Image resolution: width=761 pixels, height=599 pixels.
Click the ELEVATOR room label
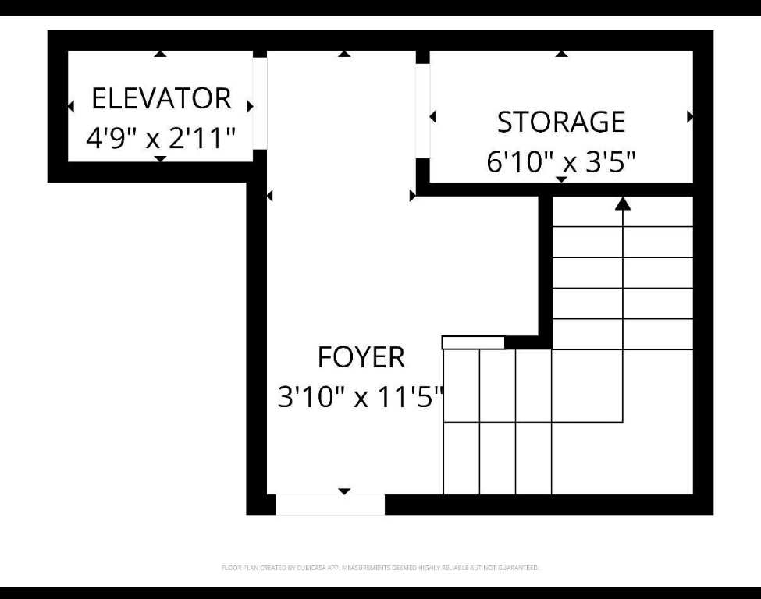[x=162, y=99]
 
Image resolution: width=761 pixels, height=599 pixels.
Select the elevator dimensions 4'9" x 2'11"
[x=161, y=140]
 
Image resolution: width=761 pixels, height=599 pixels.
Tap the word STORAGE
[x=561, y=122]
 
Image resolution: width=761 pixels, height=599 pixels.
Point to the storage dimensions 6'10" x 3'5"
[x=561, y=163]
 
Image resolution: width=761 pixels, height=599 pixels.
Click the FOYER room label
[x=361, y=357]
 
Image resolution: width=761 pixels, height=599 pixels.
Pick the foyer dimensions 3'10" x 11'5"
[x=361, y=398]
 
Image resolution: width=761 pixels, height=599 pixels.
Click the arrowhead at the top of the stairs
[x=622, y=204]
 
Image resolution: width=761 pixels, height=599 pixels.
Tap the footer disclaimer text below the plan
[x=380, y=568]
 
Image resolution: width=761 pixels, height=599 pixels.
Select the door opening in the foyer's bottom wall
[x=330, y=505]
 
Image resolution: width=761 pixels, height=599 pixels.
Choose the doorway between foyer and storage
[x=422, y=110]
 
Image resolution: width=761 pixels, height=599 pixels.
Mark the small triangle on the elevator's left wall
[x=71, y=106]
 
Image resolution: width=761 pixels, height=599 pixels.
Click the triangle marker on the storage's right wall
[x=690, y=117]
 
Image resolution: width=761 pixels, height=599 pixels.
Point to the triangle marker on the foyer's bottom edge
[x=344, y=491]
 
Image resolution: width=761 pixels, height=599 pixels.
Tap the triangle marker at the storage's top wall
[x=561, y=54]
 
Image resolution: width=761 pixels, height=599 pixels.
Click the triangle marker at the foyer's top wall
[x=344, y=54]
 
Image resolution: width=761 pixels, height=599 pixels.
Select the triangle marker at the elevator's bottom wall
[x=160, y=159]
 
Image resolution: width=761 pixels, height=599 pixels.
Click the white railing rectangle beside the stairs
[x=473, y=342]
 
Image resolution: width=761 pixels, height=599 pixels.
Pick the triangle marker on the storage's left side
[x=433, y=117]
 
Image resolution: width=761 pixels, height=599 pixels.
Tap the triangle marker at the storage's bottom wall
[x=561, y=180]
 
